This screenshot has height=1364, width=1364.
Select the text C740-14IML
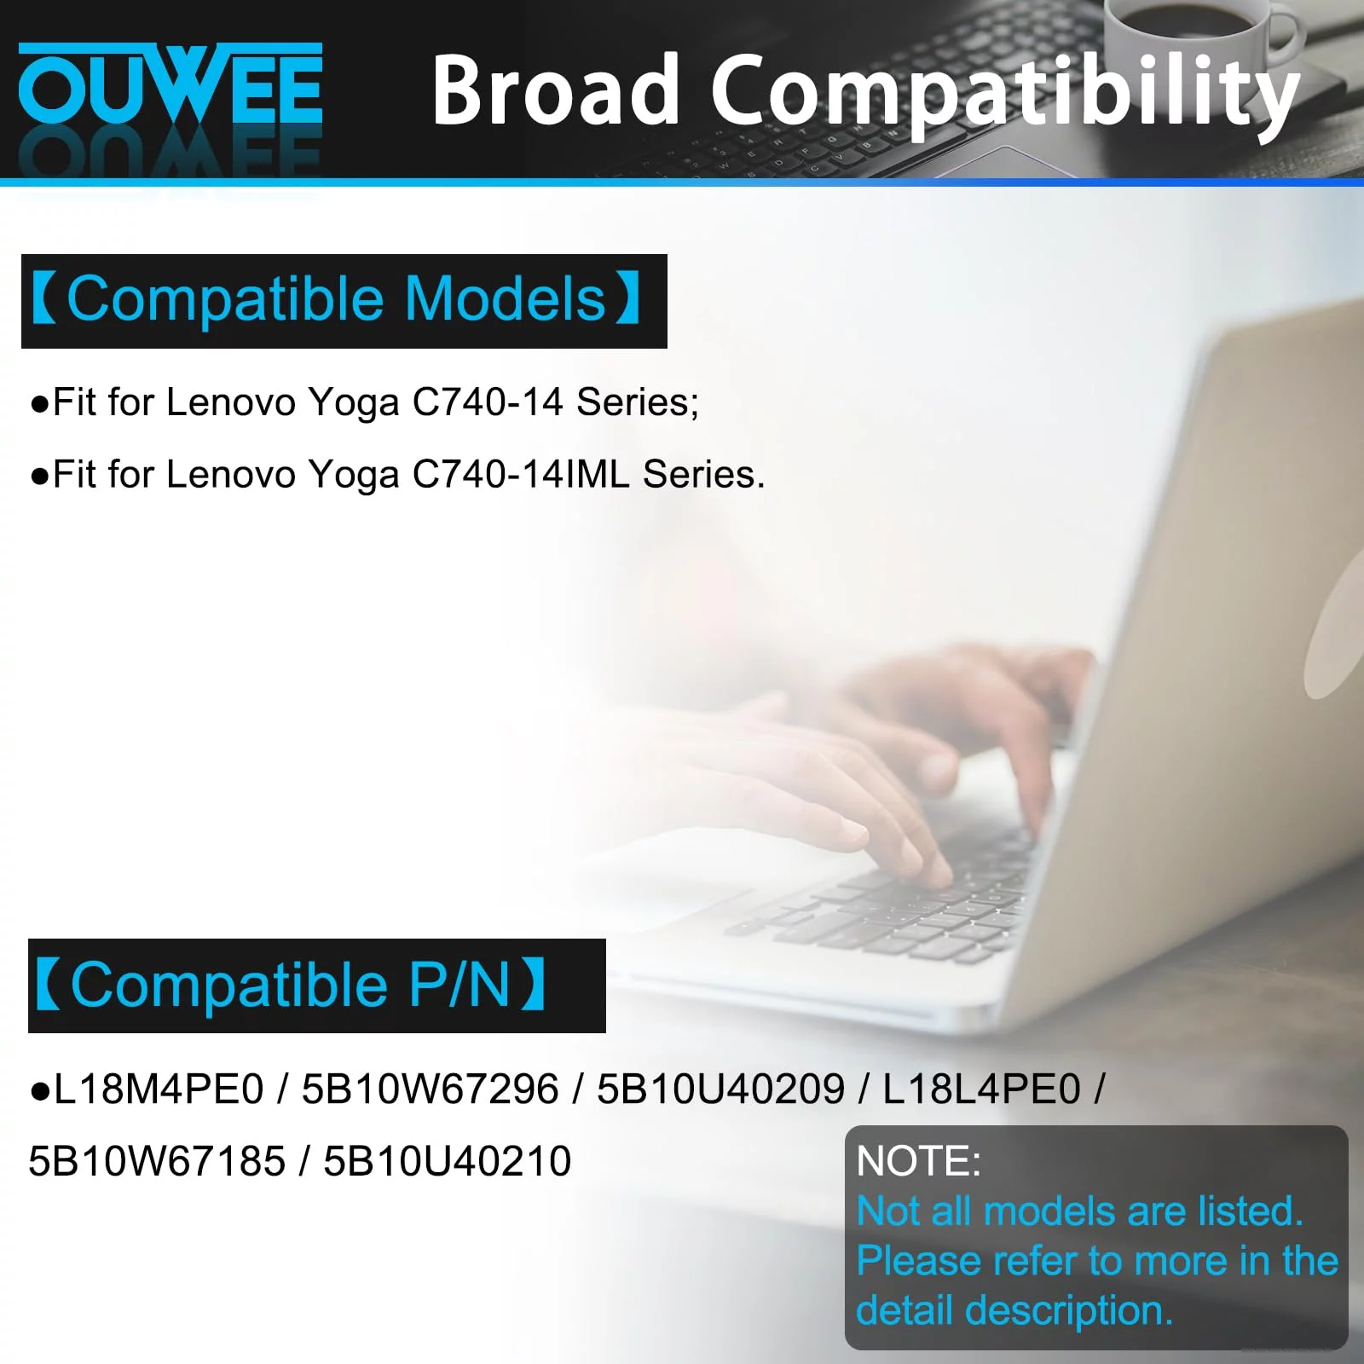521,474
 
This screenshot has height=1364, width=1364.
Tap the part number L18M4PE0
159,1089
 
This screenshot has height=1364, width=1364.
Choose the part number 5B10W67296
431,1089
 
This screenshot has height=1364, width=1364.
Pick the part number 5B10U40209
721,1089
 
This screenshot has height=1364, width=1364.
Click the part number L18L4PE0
981,1089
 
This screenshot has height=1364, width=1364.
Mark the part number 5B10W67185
157,1161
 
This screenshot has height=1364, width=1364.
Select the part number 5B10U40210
448,1161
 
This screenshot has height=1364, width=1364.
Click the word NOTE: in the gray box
919,1161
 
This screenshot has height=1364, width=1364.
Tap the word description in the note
1069,1310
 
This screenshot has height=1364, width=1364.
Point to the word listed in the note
1251,1211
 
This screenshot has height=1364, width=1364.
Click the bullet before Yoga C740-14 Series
39,403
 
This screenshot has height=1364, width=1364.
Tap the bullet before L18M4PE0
39,1090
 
